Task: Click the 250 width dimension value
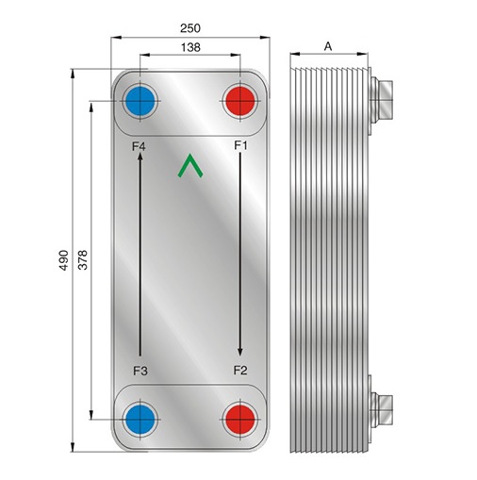[x=190, y=28]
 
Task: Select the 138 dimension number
[x=190, y=47]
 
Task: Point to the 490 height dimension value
[x=64, y=260]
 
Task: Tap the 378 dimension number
[x=83, y=260]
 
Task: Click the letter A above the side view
[x=328, y=46]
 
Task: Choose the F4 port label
[x=139, y=146]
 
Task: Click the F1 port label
[x=240, y=145]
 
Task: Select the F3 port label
[x=140, y=371]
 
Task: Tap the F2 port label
[x=240, y=371]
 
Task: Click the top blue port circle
[x=140, y=101]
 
